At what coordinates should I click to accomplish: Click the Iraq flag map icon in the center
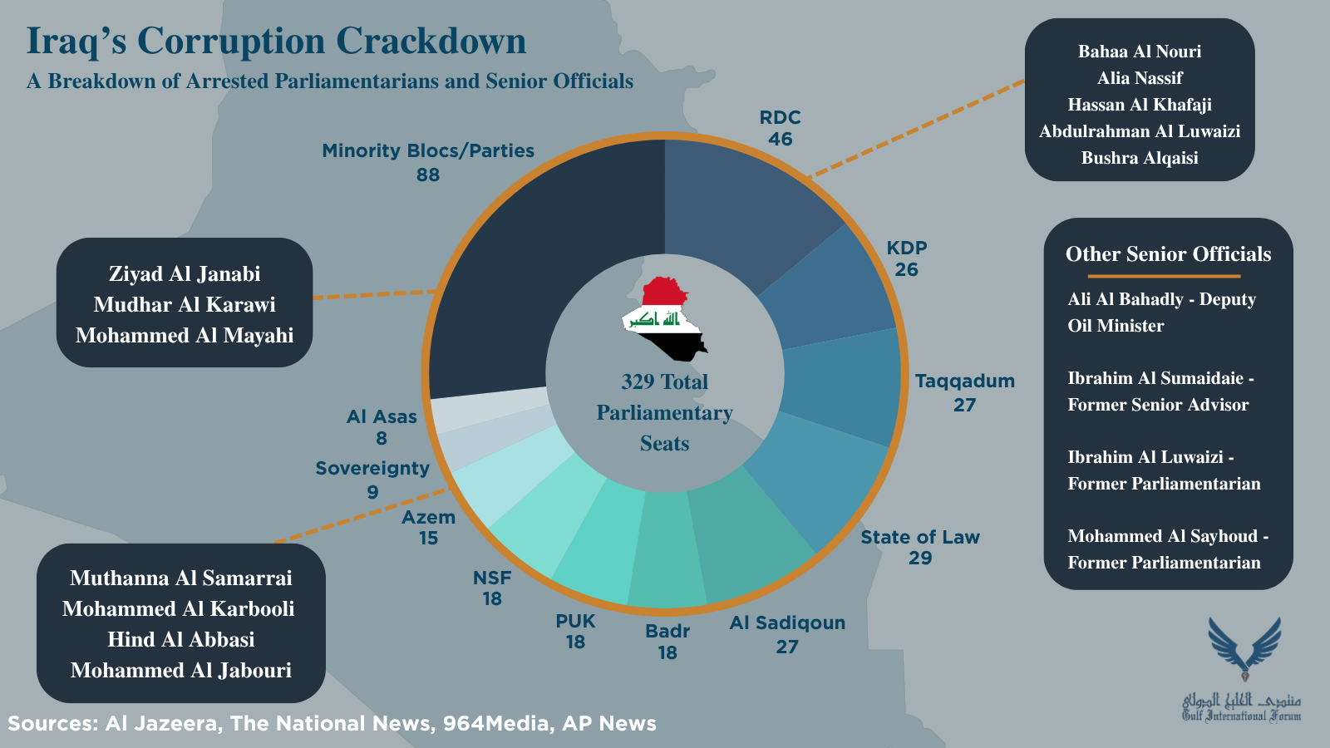tap(664, 319)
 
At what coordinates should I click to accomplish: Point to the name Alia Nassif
tap(1140, 78)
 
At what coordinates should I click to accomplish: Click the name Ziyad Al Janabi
tap(185, 273)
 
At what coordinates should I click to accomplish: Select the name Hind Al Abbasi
tap(181, 639)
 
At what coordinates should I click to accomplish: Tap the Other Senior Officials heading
tap(1168, 254)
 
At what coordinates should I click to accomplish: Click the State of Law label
tap(919, 537)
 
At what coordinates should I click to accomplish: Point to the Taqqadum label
tap(964, 381)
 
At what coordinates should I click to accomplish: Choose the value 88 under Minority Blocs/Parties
tap(427, 175)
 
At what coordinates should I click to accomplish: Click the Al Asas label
tap(382, 416)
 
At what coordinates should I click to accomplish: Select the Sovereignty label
tap(372, 469)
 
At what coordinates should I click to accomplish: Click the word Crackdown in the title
tap(431, 41)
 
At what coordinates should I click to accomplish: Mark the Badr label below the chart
tap(667, 631)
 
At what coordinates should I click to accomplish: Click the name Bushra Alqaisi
tap(1140, 158)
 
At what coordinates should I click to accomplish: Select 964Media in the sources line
tap(495, 724)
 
